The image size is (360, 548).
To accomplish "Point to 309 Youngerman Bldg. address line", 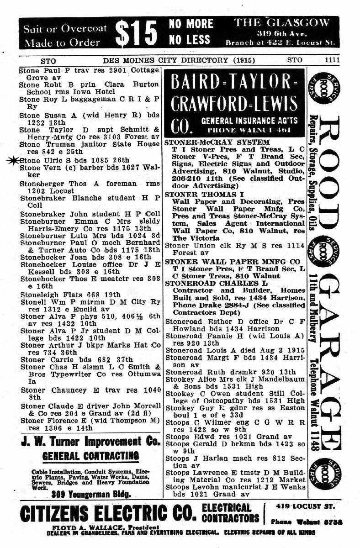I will pyautogui.click(x=90, y=494).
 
